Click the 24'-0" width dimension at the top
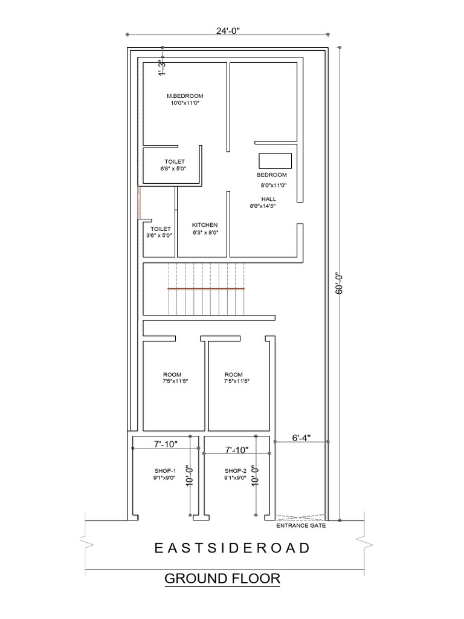[x=227, y=30]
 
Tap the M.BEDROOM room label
[x=185, y=96]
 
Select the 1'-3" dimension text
[x=161, y=68]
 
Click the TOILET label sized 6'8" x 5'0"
[x=175, y=161]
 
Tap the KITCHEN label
[x=205, y=225]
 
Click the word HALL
[x=268, y=199]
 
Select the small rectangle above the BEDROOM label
[x=275, y=161]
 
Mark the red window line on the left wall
[x=139, y=203]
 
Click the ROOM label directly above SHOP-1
[x=172, y=375]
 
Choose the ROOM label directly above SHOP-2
[x=233, y=375]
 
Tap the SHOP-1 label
[x=165, y=471]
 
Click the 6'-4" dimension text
[x=300, y=438]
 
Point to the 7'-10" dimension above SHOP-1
[x=164, y=444]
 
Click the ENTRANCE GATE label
[x=301, y=526]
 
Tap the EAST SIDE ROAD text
[x=232, y=548]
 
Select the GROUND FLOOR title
[x=222, y=579]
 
